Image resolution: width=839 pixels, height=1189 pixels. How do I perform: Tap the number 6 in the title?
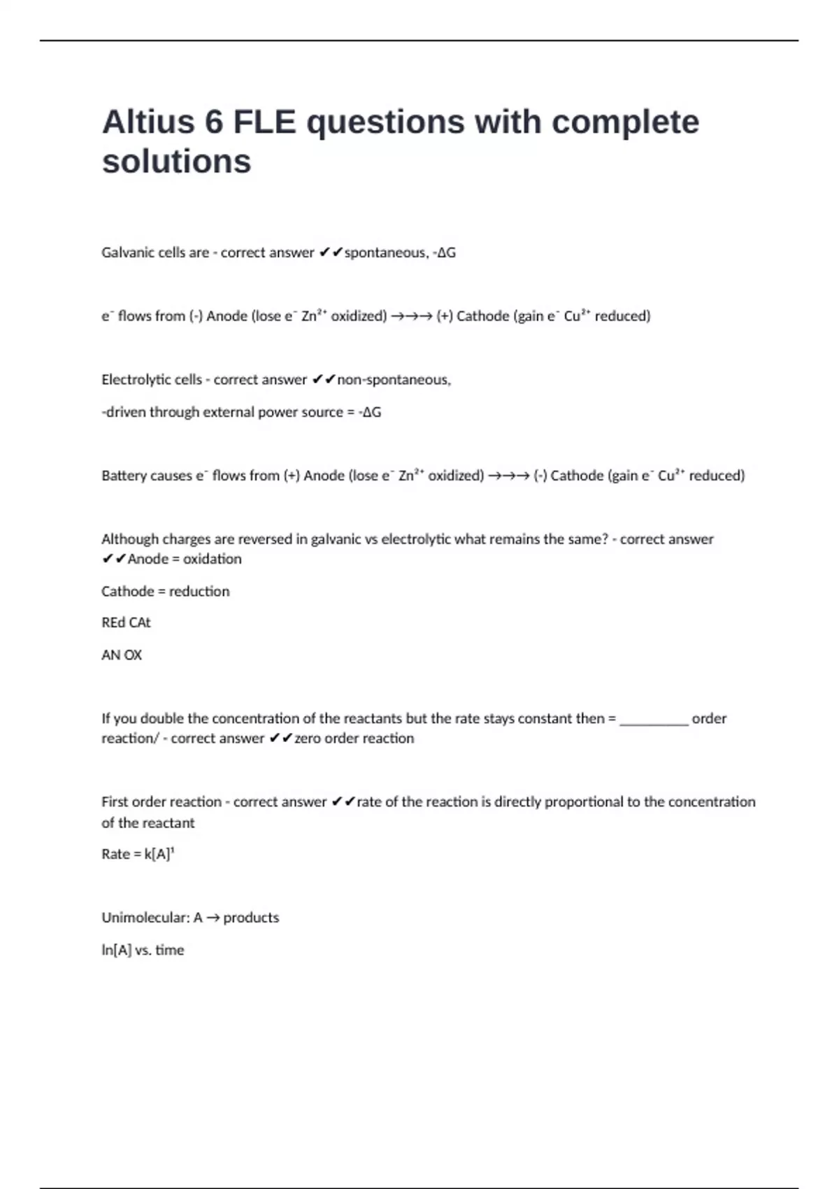213,122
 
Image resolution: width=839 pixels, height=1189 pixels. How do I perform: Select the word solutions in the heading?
176,162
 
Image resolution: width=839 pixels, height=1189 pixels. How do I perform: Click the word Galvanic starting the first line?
127,252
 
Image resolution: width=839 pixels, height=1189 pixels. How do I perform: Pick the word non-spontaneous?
394,380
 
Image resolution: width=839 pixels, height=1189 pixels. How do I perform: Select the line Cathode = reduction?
165,591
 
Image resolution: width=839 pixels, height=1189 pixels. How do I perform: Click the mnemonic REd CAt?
126,622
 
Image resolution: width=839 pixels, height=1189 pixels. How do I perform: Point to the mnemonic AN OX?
122,655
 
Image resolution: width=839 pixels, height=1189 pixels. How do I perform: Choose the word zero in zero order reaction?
308,739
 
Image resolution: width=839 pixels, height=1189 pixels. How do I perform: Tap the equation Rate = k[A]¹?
138,854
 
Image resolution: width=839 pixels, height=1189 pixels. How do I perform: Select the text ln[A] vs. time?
143,950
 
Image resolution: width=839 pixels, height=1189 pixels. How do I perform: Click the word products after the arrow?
251,918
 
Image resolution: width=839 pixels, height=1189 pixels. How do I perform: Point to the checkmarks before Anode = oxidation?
113,559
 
